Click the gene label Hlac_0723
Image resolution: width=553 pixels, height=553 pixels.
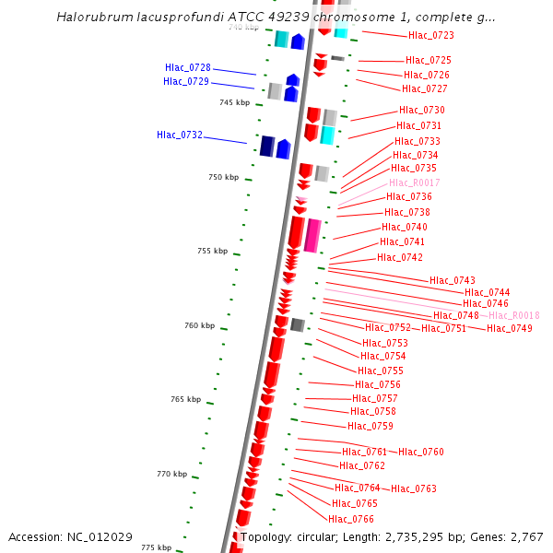pos(430,35)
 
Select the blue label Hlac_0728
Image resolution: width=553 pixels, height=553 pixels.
pos(188,68)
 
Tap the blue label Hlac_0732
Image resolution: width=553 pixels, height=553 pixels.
pos(180,135)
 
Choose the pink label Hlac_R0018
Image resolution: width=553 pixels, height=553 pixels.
pos(514,315)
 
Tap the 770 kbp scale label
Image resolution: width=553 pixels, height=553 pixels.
pos(171,474)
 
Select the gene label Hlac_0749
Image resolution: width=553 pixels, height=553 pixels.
pos(510,328)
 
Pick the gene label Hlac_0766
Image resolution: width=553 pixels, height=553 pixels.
pos(351,519)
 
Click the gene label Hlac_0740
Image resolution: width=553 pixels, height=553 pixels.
pos(405,227)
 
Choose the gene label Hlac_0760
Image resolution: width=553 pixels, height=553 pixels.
pos(421,452)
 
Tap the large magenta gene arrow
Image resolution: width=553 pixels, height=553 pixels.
pos(313,236)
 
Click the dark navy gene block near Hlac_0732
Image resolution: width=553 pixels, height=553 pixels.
pos(267,147)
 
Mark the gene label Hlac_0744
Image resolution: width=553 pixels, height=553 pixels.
pos(488,292)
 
